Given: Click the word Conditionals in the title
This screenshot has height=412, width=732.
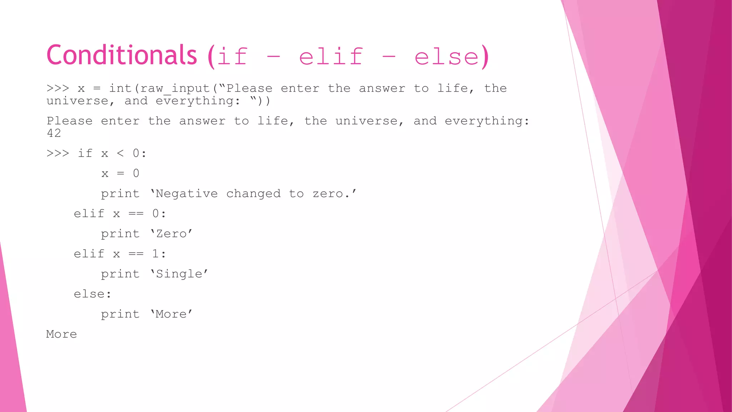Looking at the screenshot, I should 122,55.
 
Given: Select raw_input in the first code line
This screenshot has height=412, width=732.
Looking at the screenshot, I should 175,88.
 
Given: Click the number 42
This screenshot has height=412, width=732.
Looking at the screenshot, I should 54,133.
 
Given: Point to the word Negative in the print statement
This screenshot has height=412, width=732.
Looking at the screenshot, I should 187,194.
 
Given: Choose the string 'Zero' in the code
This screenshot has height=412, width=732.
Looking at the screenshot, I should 171,234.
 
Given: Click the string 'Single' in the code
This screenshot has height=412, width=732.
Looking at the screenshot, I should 179,274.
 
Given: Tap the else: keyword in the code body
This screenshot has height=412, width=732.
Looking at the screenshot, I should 93,294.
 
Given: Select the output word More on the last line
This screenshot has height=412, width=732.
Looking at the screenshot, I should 61,334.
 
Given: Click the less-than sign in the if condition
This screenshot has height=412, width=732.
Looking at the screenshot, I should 120,153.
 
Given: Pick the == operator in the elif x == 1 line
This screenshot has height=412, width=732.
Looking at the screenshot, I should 136,254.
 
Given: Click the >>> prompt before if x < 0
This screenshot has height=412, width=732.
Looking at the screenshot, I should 58,153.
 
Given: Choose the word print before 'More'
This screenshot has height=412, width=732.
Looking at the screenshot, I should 120,314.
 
